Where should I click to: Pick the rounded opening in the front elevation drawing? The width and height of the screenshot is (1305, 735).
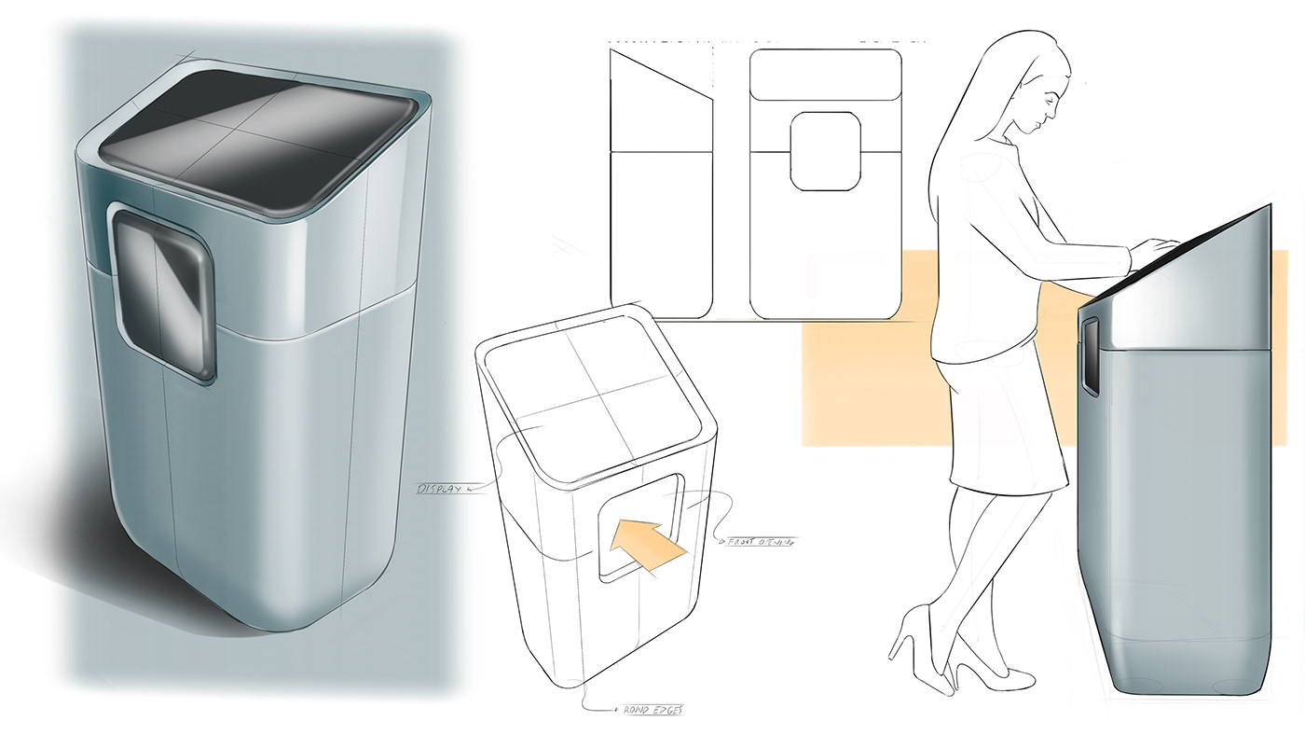pos(825,151)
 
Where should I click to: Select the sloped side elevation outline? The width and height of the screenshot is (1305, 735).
pos(660,187)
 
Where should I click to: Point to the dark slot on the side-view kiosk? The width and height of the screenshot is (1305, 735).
pos(1089,354)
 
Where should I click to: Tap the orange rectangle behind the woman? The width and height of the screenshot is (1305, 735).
pos(858,373)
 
